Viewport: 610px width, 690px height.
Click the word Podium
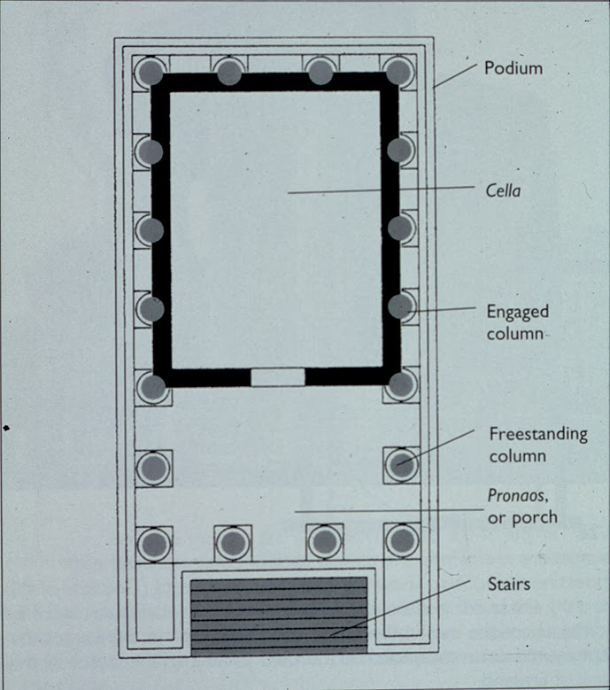[x=513, y=68]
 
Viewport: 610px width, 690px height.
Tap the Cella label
[x=503, y=190]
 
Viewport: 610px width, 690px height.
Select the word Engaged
[x=518, y=313]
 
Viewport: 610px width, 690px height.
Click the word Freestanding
[x=538, y=434]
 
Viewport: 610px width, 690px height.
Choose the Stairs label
[x=509, y=584]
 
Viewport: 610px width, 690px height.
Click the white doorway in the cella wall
[x=277, y=377]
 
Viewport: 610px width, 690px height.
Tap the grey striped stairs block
[x=279, y=617]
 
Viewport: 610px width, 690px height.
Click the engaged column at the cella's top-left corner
[x=151, y=72]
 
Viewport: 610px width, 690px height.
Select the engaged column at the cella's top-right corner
[x=398, y=71]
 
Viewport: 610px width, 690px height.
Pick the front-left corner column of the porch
[x=154, y=544]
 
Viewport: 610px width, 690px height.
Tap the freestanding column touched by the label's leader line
[x=402, y=464]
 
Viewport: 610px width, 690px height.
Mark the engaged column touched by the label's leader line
[x=401, y=306]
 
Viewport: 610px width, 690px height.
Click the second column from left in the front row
[x=233, y=543]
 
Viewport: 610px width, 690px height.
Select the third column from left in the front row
[x=325, y=541]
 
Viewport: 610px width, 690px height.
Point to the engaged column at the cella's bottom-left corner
[x=153, y=387]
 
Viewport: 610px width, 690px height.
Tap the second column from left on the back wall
[x=229, y=72]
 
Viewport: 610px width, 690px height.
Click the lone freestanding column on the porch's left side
[x=153, y=468]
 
